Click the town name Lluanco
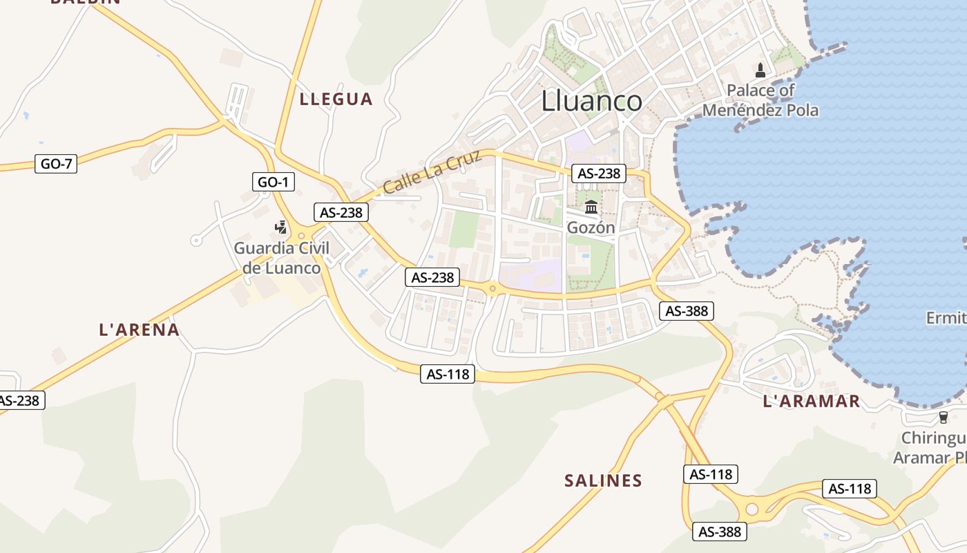pos(591,101)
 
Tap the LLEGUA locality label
pos(336,99)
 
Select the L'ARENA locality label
pos(140,330)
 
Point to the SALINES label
pos(603,480)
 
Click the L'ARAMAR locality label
pos(812,401)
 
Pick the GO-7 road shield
pos(56,164)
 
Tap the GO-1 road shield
pos(274,182)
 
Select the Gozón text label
pos(591,227)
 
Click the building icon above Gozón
pos(591,207)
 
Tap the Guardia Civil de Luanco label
pos(281,258)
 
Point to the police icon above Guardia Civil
pos(281,227)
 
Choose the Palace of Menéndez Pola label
pos(760,100)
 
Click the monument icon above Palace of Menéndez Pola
pos(760,70)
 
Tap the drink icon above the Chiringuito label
pos(944,417)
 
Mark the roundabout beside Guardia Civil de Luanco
pos(301,236)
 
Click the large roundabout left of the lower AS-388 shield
pos(751,509)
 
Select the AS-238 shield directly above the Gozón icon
pos(599,174)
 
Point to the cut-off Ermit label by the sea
pos(946,318)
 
